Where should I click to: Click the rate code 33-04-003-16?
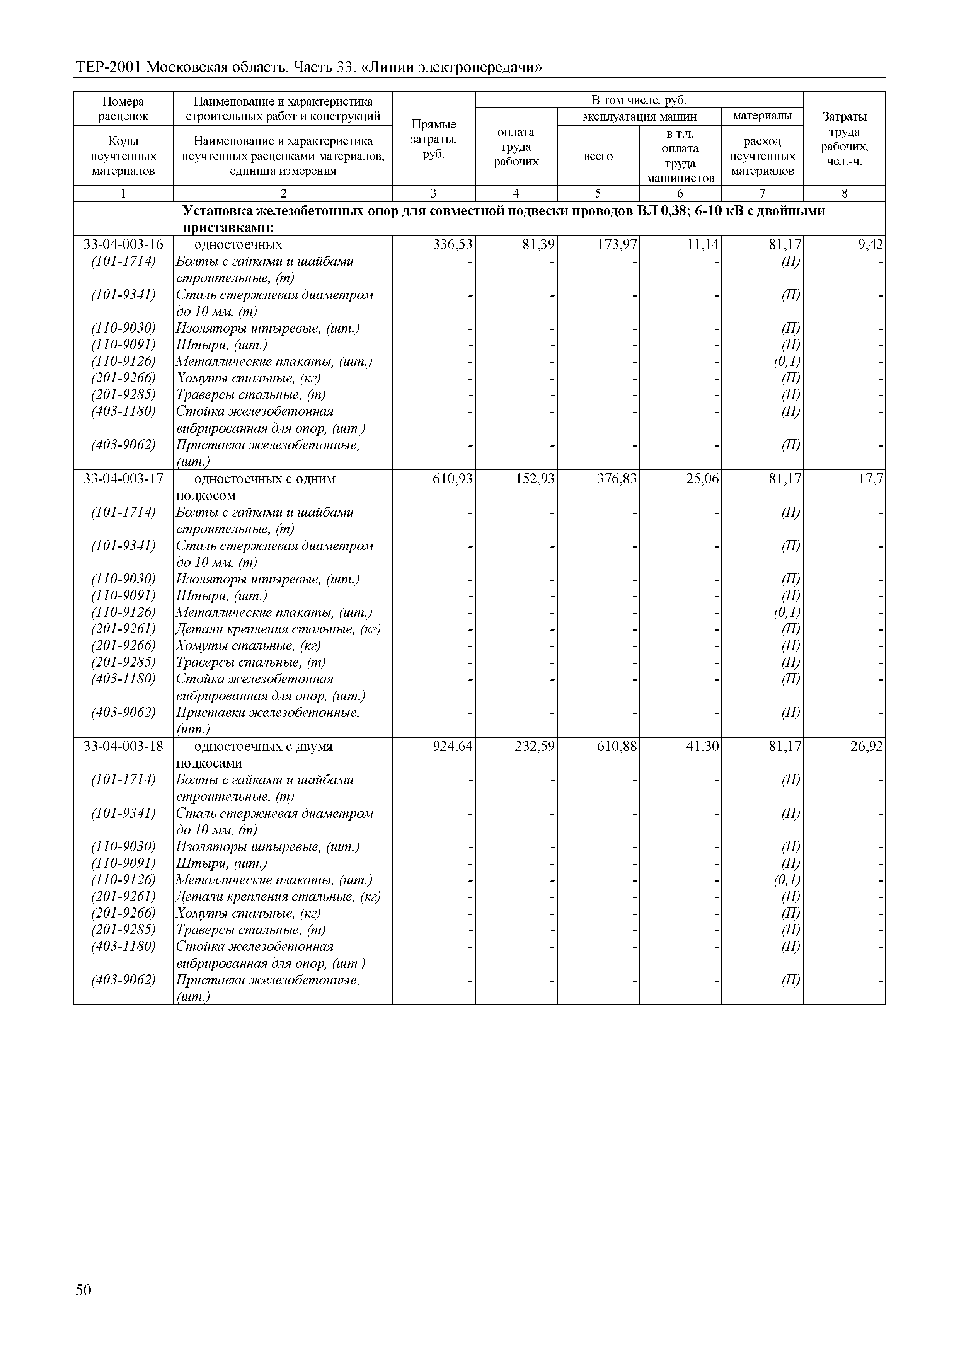tap(123, 244)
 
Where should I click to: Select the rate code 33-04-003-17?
tap(123, 478)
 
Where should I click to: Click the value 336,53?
tap(453, 244)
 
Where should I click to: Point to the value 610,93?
tap(453, 478)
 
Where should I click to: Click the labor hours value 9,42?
tap(870, 244)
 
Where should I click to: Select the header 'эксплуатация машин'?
tap(639, 116)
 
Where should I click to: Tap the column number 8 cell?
tap(845, 193)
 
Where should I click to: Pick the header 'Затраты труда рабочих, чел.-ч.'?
tap(845, 139)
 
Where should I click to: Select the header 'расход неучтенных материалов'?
tap(762, 156)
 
